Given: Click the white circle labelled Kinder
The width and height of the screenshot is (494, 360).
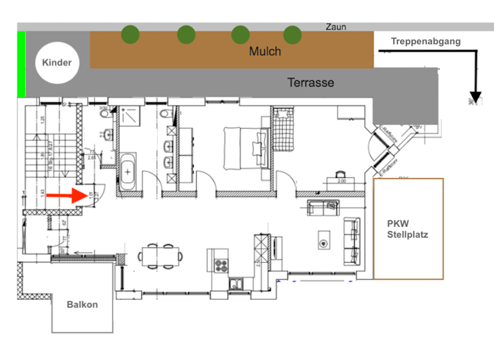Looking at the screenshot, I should point(57,62).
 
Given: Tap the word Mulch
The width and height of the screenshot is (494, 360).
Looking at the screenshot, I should point(264,51).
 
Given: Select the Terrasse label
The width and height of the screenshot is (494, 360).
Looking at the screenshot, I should point(311,83).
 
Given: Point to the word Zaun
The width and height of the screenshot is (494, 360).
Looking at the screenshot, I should point(336,27).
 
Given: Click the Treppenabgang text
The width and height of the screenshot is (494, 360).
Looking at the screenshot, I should point(425,42).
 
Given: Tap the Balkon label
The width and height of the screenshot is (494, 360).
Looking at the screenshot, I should point(82,304).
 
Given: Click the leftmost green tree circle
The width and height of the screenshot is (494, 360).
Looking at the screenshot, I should point(131,33).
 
